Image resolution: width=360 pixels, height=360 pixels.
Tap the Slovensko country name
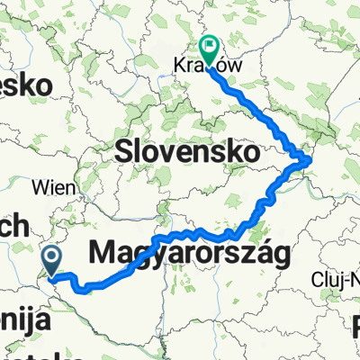point(184,153)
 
